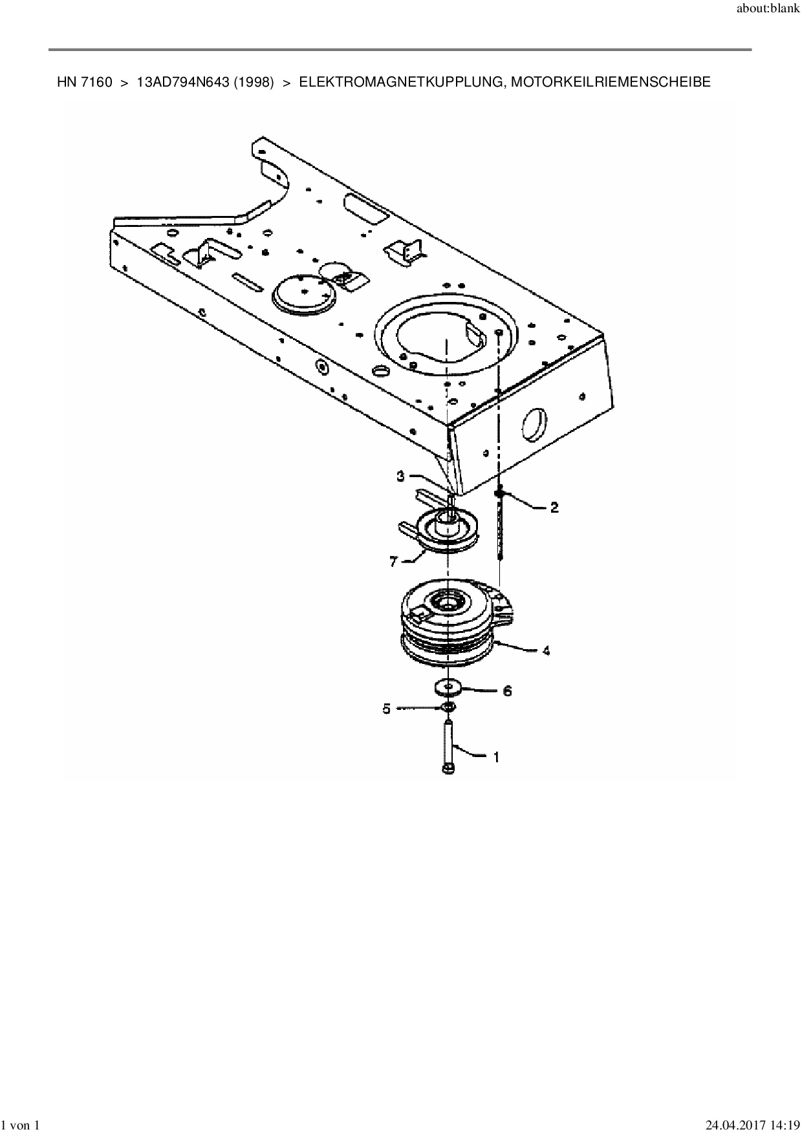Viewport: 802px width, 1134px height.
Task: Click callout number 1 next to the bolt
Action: (x=496, y=757)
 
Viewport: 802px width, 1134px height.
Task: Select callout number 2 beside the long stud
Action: (x=554, y=508)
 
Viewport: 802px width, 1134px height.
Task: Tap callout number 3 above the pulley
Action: (x=401, y=476)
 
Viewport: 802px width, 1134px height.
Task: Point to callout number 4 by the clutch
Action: (x=546, y=650)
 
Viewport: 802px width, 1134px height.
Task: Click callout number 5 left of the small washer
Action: (x=387, y=709)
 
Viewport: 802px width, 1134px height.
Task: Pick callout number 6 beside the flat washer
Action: (x=507, y=691)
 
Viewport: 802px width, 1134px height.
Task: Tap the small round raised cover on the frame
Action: (x=304, y=293)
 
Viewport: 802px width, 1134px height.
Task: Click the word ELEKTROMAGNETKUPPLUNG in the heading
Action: (x=398, y=82)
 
